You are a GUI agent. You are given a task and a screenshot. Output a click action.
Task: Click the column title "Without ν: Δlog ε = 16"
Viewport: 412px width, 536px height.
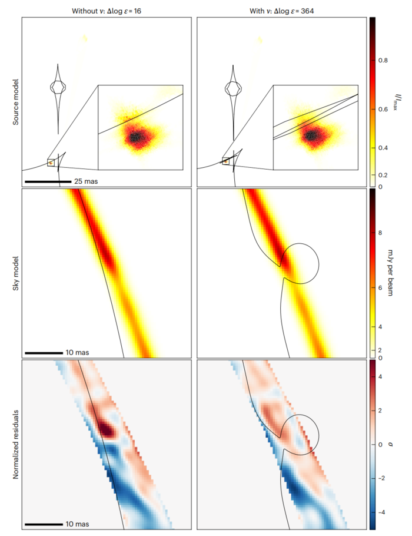107,10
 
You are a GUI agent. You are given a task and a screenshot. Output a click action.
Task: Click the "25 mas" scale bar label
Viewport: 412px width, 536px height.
86,181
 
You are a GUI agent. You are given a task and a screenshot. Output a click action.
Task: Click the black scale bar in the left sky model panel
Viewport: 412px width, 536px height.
44,352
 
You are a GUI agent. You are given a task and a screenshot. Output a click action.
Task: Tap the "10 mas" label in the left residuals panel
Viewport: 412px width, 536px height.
78,524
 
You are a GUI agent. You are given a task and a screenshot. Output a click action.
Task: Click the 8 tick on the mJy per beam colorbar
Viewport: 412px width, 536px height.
381,233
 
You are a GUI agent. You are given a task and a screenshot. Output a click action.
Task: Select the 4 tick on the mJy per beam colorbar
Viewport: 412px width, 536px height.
381,326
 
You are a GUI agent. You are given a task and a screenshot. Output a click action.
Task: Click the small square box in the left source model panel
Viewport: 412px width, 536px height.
51,163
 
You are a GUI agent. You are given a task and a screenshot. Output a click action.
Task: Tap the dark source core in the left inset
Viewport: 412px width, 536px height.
136,137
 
